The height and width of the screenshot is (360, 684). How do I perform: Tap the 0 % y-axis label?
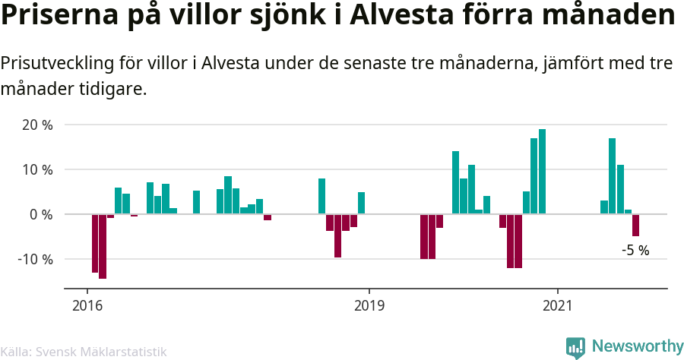[x=41, y=214]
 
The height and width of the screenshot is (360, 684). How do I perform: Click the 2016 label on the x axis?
[x=87, y=305]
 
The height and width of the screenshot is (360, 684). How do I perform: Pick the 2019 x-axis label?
[x=369, y=305]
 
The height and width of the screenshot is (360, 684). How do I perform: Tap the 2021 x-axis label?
[x=558, y=305]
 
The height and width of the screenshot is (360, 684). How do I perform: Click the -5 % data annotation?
[x=635, y=250]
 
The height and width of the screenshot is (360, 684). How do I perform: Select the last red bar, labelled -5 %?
[x=635, y=226]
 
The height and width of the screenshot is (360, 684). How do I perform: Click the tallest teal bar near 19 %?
[x=542, y=172]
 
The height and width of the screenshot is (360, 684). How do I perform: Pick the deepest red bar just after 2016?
[x=103, y=246]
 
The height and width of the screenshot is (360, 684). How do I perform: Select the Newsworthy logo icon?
[x=575, y=347]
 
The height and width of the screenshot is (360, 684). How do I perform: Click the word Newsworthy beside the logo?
[x=637, y=347]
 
